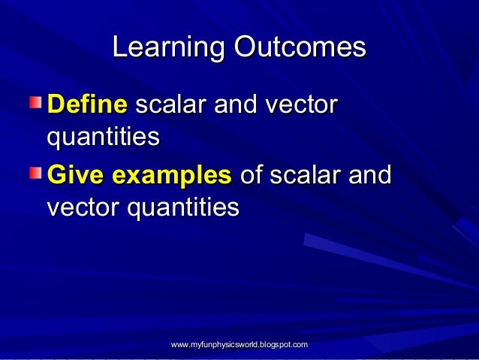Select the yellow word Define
(x=87, y=105)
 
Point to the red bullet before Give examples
(x=37, y=174)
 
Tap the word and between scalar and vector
(x=236, y=105)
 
